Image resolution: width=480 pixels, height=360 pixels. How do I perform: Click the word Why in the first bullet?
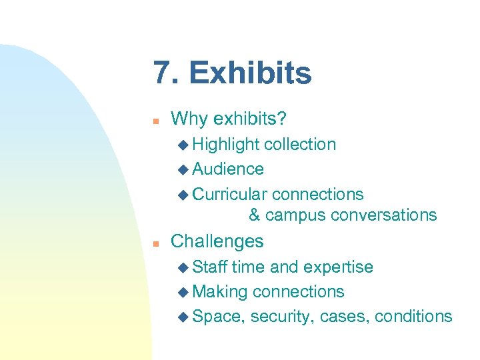(189, 119)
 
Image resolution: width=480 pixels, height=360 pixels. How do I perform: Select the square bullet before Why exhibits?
(155, 121)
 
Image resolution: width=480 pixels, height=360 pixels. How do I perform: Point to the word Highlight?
(226, 145)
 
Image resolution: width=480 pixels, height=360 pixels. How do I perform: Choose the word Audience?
(228, 169)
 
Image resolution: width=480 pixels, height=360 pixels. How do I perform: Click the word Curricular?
(230, 194)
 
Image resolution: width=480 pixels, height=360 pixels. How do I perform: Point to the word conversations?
(383, 215)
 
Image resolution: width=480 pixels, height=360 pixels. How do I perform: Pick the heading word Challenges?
(217, 241)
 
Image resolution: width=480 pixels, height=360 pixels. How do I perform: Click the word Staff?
(209, 267)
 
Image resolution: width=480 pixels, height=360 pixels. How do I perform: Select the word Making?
(220, 292)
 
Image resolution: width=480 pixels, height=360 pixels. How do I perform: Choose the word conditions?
(413, 317)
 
